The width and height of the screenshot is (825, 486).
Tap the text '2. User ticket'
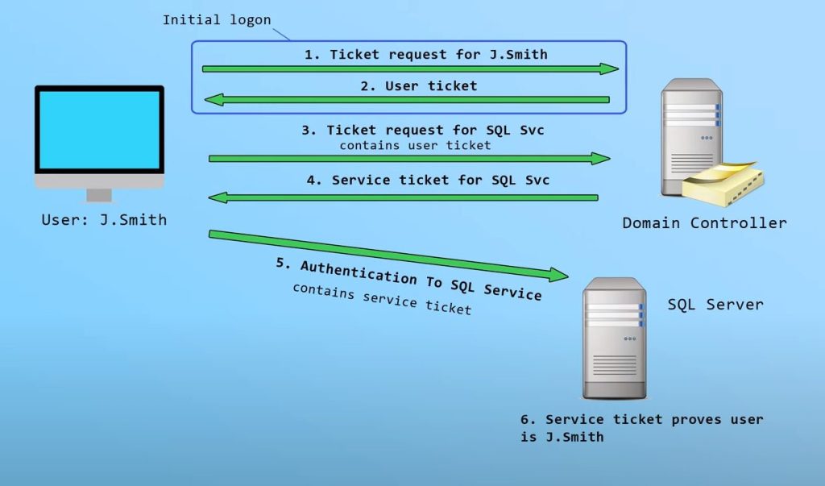pyautogui.click(x=418, y=86)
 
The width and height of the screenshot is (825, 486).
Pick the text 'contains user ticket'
pyautogui.click(x=415, y=145)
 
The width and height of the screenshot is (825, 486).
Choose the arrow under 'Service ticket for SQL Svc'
pyautogui.click(x=403, y=197)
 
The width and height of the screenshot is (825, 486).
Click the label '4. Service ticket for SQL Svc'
pyautogui.click(x=428, y=181)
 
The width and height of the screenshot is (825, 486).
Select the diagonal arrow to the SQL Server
pyautogui.click(x=387, y=255)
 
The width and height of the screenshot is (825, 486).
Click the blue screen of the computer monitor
pyautogui.click(x=99, y=130)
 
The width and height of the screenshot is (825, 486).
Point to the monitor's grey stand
pyautogui.click(x=99, y=195)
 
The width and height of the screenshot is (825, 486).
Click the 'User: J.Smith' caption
pyautogui.click(x=104, y=219)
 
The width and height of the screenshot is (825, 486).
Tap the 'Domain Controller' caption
pyautogui.click(x=704, y=222)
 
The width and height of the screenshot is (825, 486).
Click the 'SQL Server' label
pyautogui.click(x=715, y=305)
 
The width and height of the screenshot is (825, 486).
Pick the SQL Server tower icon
pyautogui.click(x=615, y=339)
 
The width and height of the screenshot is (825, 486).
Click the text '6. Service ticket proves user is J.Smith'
pyautogui.click(x=641, y=428)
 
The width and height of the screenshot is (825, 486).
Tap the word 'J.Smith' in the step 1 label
pyautogui.click(x=517, y=55)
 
